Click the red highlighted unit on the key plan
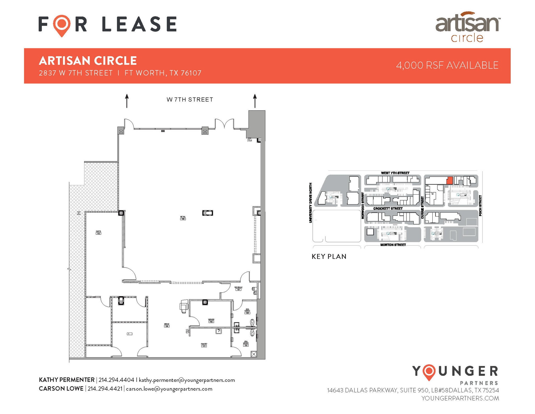449,180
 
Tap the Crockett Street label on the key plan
388,209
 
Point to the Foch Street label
480,206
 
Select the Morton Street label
393,245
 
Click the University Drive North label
311,203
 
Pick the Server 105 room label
211,321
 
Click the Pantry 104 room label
204,345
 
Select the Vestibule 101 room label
239,288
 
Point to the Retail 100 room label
183,218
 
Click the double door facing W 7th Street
224,123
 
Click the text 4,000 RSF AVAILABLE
447,65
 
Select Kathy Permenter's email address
187,380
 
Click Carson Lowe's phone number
105,389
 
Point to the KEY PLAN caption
329,257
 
